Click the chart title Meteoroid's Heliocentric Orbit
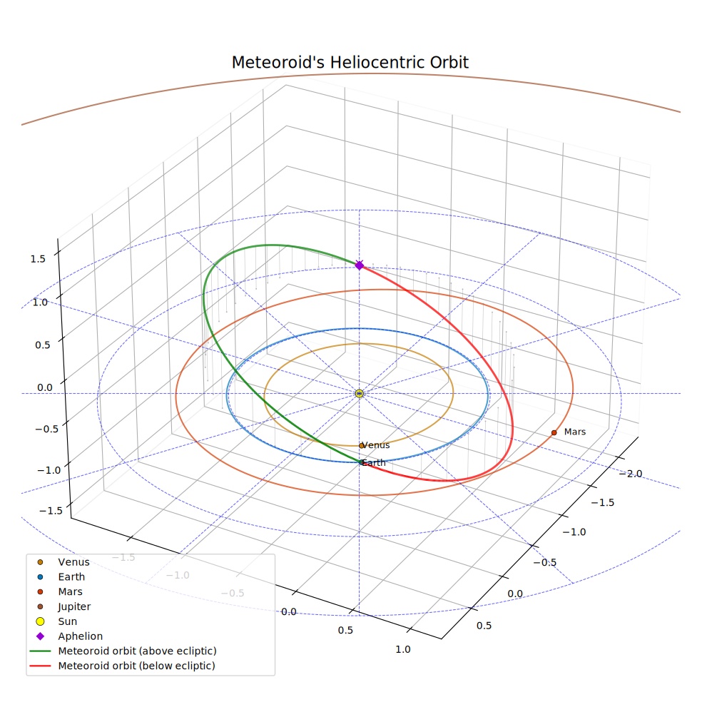point(350,63)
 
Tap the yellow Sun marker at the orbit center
point(359,394)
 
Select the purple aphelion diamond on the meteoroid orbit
point(359,265)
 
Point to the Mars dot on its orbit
point(554,432)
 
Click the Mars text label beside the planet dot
point(575,432)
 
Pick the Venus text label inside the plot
point(376,445)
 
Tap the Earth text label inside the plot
point(374,463)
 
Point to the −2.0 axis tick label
point(631,474)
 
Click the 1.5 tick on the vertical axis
point(38,259)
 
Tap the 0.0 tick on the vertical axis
point(45,387)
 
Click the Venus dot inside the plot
point(361,446)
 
